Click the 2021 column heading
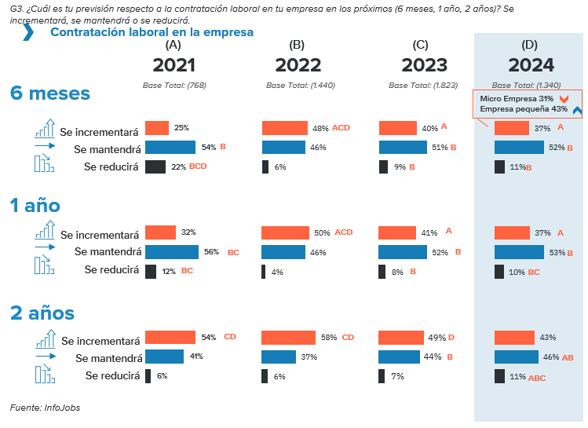point(173,65)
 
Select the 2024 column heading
point(531,65)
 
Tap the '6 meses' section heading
point(50,93)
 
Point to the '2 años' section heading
point(42,313)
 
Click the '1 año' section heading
point(35,206)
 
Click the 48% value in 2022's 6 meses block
point(320,127)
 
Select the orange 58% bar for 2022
point(287,338)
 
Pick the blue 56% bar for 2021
point(172,252)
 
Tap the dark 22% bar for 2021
point(155,166)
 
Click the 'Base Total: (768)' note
point(173,85)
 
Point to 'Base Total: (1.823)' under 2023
point(420,85)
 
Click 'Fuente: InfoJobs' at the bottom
point(45,408)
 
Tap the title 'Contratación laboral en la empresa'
point(152,32)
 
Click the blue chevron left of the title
point(28,32)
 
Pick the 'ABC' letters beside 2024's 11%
point(537,379)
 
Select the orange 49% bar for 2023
point(400,338)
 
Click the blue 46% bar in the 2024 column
point(516,357)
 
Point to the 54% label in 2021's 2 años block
point(208,338)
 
